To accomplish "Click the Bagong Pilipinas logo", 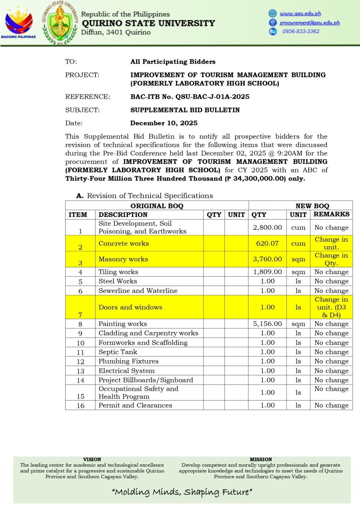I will tap(19, 23).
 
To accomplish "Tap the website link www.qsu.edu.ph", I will tap(300, 14).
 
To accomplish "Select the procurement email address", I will tap(310, 23).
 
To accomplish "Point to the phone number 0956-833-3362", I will tap(301, 31).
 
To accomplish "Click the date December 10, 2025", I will tap(164, 123).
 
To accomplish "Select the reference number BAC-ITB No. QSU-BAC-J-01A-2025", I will tap(190, 97).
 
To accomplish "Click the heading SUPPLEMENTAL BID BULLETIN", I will tap(185, 110).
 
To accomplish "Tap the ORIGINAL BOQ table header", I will tap(157, 206).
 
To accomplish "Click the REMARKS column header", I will tap(331, 214).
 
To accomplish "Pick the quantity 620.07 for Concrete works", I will tap(267, 243).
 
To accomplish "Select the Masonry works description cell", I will tap(123, 259).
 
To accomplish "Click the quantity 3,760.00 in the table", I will tap(267, 259).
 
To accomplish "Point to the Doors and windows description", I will tap(130, 307).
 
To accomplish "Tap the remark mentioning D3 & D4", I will tap(331, 307).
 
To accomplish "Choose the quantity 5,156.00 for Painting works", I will tap(267, 324).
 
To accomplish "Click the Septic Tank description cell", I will tap(118, 352).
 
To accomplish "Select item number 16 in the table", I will tap(81, 406).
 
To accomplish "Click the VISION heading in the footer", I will tap(92, 459).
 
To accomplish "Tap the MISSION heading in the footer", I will tap(261, 459).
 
